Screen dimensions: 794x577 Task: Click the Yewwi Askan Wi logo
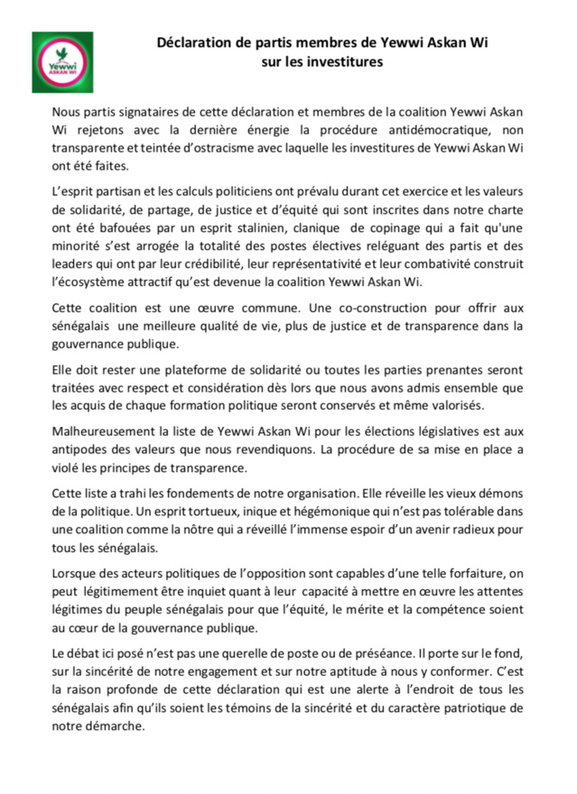62,61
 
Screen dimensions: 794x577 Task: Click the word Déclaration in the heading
194,42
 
